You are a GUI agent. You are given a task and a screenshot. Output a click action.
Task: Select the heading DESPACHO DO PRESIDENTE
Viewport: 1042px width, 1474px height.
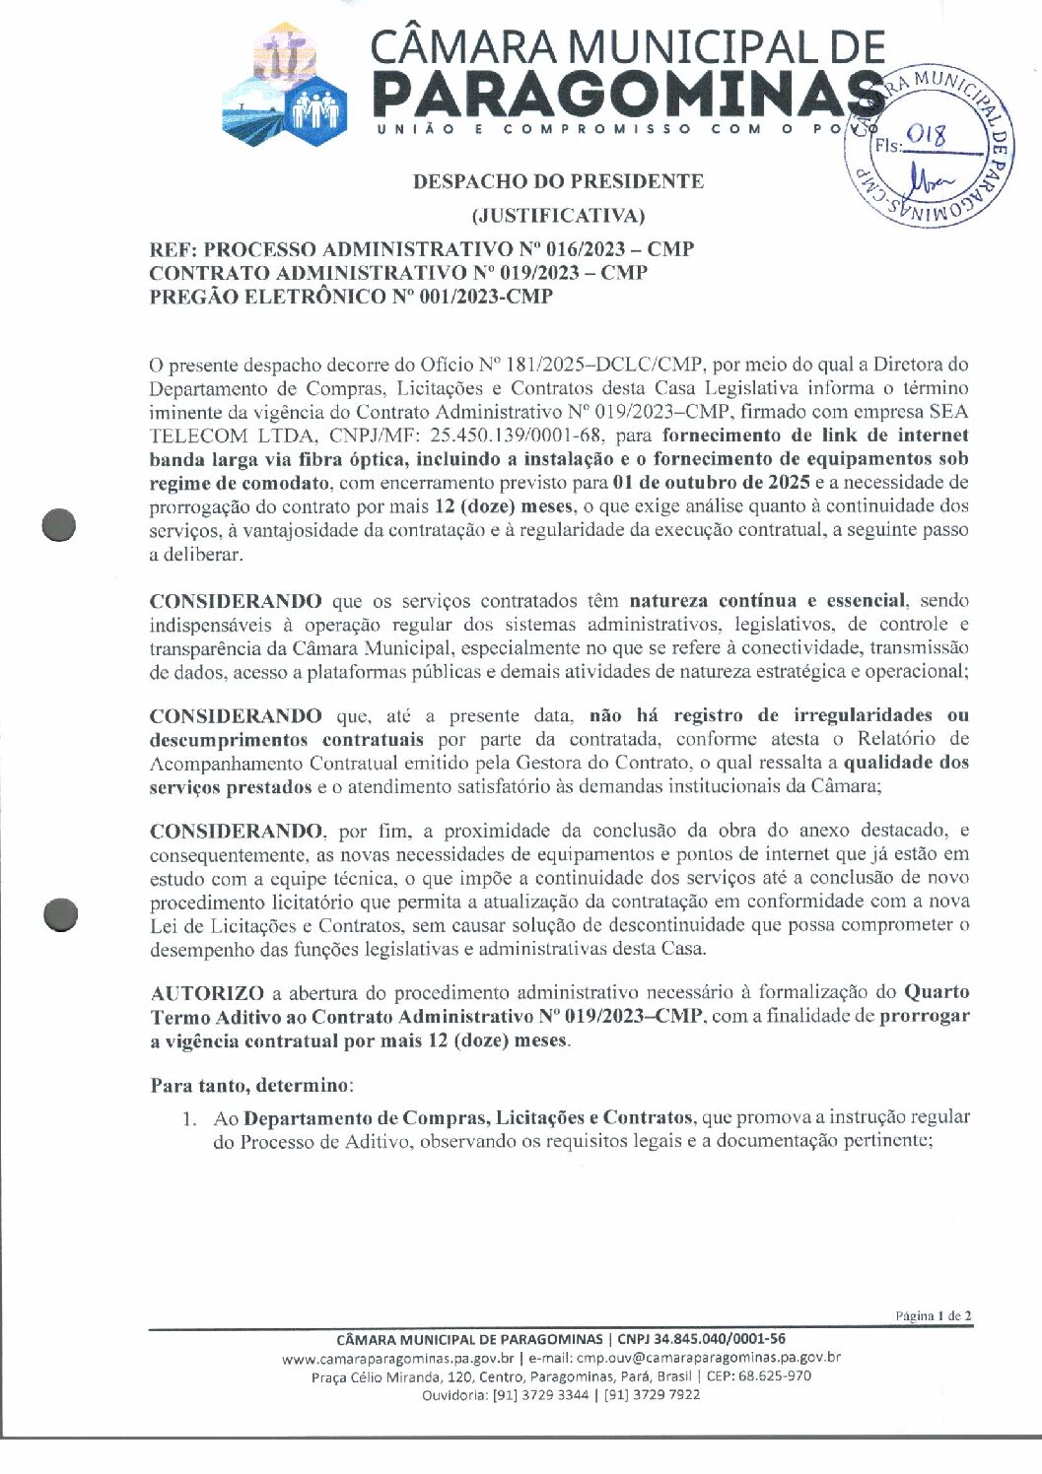point(558,181)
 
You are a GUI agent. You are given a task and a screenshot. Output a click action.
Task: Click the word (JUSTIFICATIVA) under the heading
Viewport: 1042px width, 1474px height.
point(558,215)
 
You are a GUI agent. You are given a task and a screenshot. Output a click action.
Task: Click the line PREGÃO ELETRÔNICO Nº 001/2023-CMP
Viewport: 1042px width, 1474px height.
point(351,297)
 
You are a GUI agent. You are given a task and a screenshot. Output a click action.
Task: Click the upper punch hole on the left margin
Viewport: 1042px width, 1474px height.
point(60,525)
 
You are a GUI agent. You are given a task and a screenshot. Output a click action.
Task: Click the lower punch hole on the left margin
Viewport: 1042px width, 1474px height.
point(60,914)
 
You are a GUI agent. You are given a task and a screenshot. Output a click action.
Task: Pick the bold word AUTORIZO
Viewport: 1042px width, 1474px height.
point(207,992)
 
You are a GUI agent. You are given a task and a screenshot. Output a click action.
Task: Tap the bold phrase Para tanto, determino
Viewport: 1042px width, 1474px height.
point(249,1086)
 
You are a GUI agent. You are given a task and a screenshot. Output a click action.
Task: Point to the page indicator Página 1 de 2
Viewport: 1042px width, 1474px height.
point(934,1315)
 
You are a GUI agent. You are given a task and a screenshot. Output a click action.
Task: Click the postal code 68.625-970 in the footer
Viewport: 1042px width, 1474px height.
point(779,1376)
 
